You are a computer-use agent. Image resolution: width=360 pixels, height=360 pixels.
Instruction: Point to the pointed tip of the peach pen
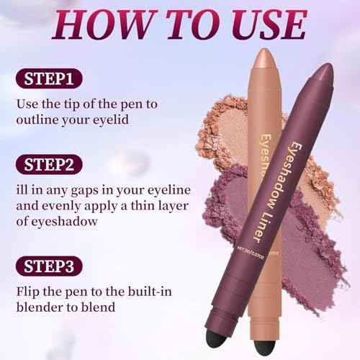point(264,56)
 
